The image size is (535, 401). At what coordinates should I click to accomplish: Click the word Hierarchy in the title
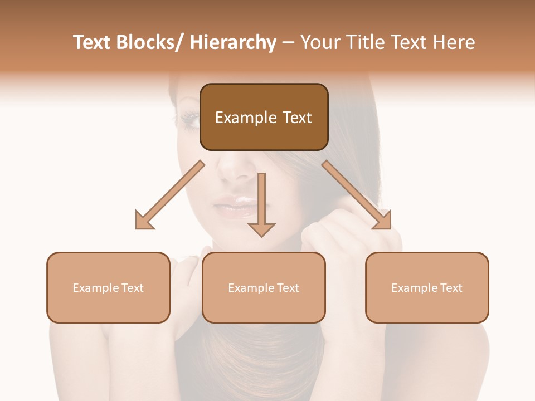(x=233, y=42)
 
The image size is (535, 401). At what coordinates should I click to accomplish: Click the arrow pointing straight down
(x=261, y=206)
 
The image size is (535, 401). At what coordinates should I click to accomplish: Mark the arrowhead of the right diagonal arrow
(x=383, y=221)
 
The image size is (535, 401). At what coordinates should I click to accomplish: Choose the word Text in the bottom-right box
(x=451, y=288)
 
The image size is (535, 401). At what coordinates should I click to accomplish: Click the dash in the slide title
(x=288, y=42)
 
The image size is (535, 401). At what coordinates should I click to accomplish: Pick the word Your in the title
(x=319, y=42)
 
